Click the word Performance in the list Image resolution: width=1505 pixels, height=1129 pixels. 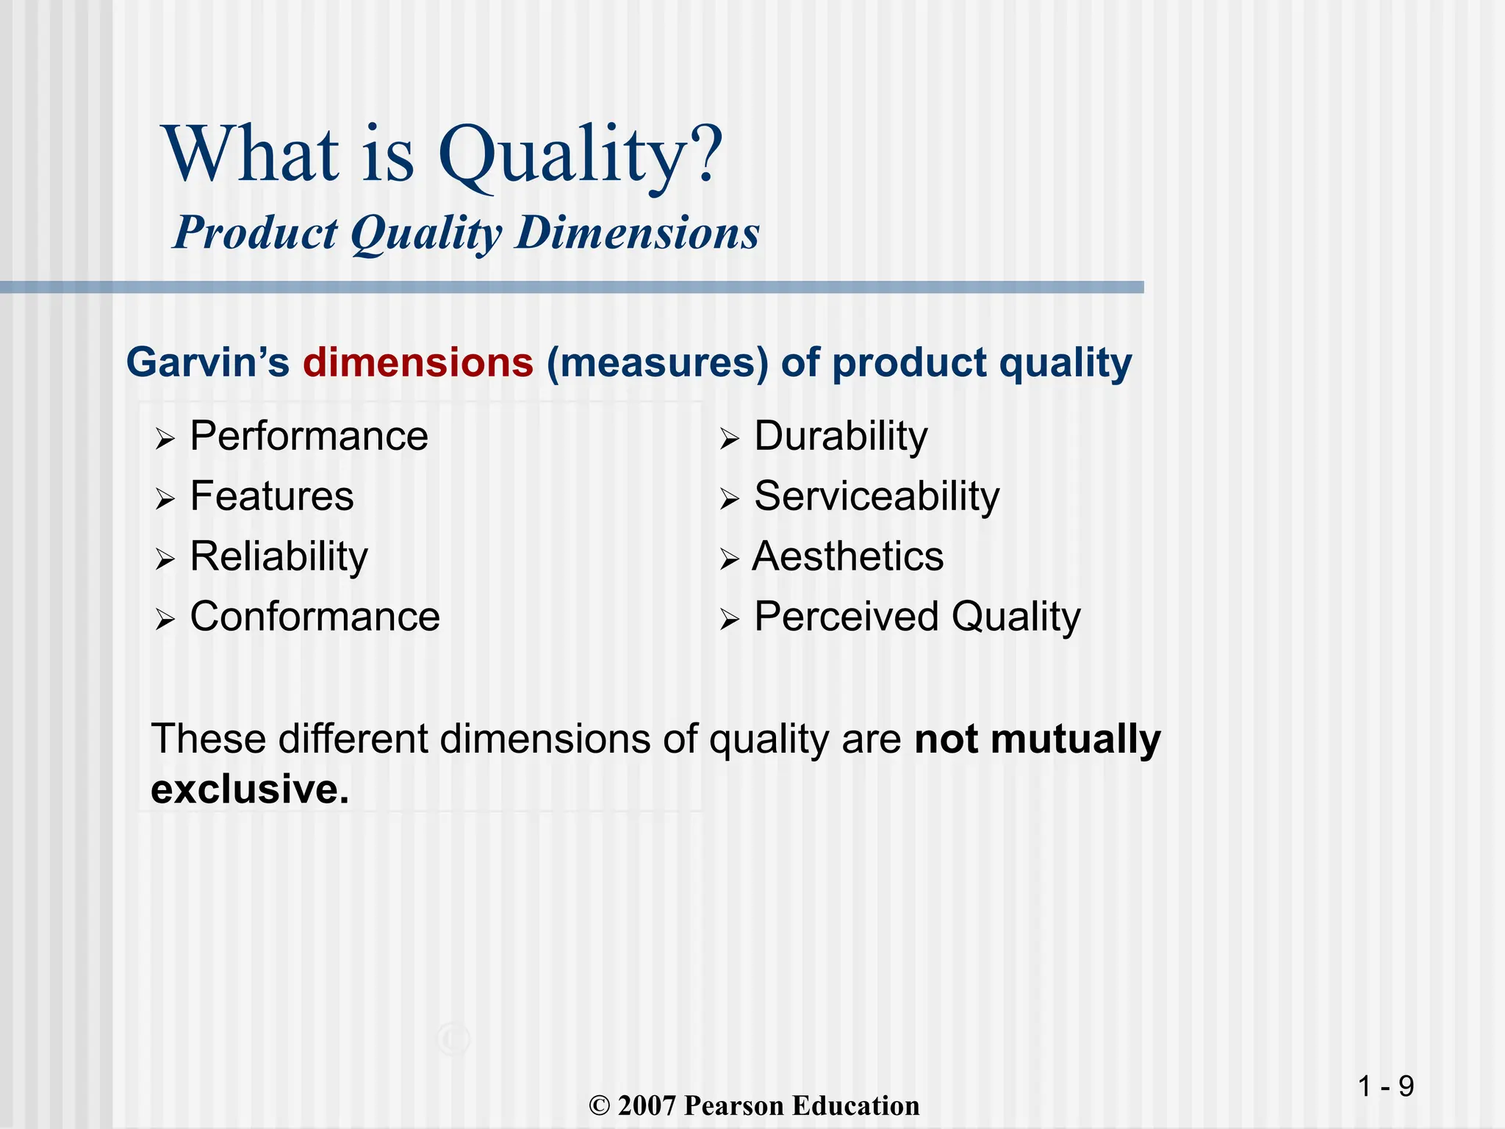pos(309,437)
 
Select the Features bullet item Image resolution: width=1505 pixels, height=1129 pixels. pos(272,497)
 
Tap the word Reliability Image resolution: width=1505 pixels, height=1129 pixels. pos(279,557)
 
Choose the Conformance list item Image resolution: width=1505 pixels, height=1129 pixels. pos(315,617)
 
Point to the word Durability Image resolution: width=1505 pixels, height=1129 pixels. pos(841,437)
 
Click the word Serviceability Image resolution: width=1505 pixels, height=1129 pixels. pos(877,497)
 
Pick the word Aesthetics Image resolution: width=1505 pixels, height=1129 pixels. pos(848,557)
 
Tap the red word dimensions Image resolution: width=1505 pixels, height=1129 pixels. pos(417,363)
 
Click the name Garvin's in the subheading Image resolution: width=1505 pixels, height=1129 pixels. pos(208,363)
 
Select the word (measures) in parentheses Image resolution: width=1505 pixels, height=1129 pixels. pos(657,363)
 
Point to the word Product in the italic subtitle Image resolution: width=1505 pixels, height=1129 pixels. pos(255,233)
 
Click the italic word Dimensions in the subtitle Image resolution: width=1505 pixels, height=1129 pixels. pos(637,233)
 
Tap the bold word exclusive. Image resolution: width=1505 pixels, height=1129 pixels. pos(250,789)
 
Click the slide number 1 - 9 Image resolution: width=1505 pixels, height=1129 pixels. pos(1385,1086)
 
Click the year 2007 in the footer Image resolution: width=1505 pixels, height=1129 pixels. pos(646,1106)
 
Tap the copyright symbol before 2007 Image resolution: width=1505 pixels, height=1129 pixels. pos(600,1106)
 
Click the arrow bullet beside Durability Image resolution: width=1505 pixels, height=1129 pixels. pos(729,440)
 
